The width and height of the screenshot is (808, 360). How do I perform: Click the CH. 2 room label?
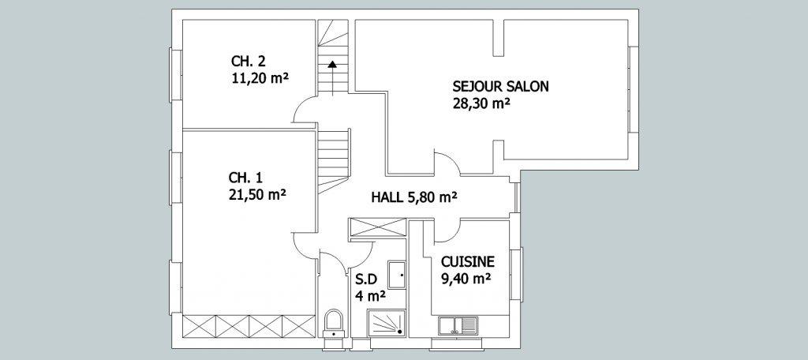(x=249, y=62)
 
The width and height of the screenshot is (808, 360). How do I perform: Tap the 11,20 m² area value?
(x=260, y=78)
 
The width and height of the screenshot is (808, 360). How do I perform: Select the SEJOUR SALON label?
(x=500, y=86)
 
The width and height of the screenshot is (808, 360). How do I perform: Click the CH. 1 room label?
(x=246, y=178)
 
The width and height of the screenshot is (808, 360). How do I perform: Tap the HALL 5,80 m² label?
(x=415, y=197)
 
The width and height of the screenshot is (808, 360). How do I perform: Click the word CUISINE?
(x=468, y=261)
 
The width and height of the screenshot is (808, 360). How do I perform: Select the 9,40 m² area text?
(x=466, y=279)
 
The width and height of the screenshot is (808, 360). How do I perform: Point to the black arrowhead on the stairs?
(x=332, y=64)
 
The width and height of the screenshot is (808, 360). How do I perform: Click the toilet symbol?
(x=335, y=322)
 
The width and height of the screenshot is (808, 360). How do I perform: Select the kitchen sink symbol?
(x=458, y=326)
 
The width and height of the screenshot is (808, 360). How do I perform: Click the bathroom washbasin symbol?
(x=396, y=275)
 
